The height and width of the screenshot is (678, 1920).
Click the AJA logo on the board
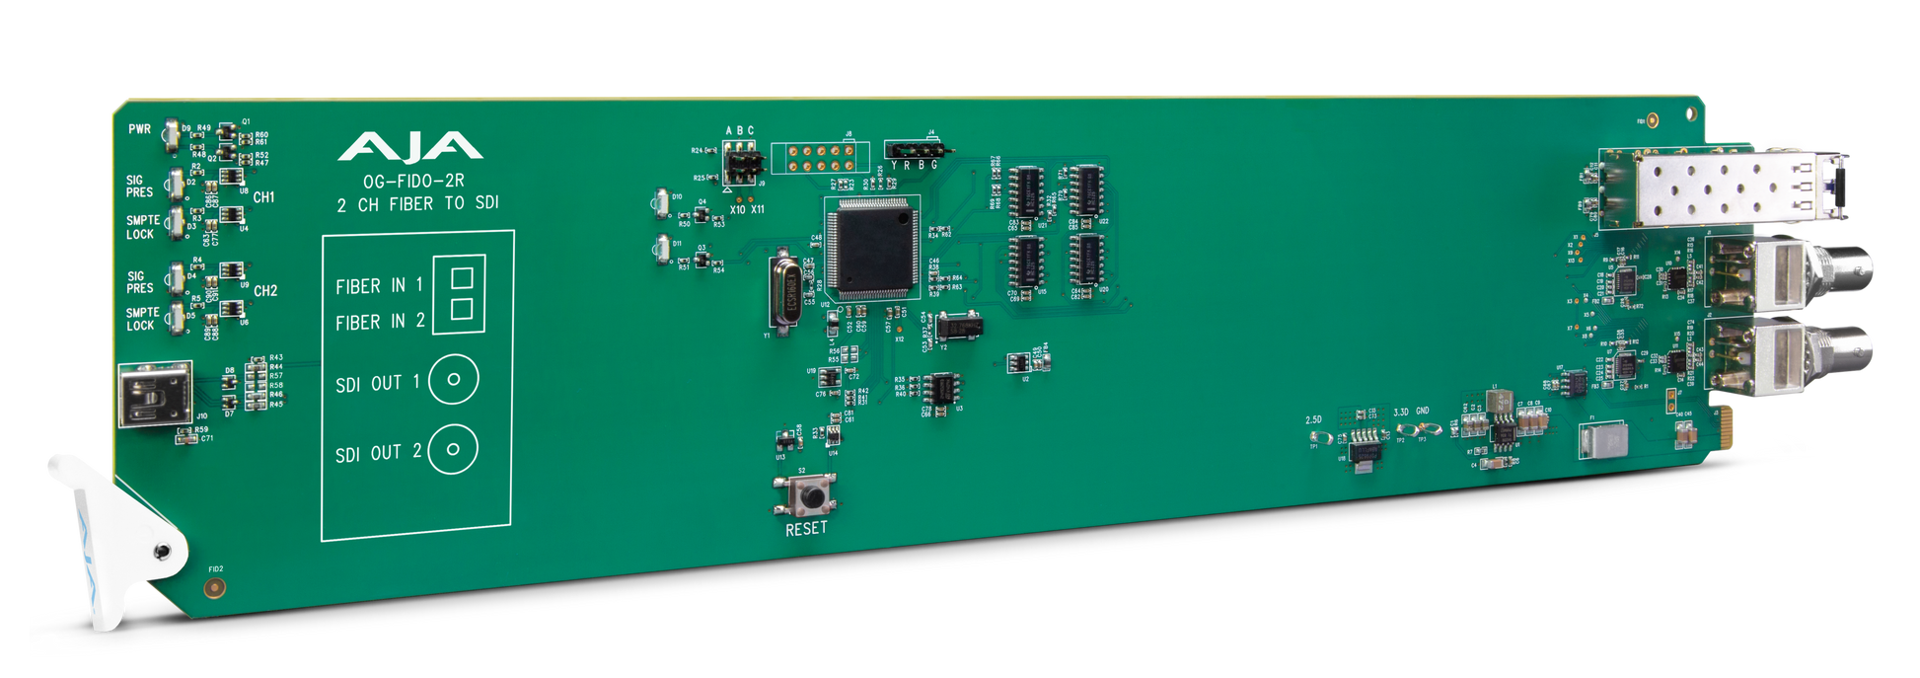(x=409, y=148)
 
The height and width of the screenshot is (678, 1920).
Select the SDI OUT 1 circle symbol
(x=454, y=379)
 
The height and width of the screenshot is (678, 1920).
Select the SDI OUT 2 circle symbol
(x=453, y=449)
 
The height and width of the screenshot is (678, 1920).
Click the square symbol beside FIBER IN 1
(x=461, y=277)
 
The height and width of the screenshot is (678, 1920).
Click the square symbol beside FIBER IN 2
(x=461, y=310)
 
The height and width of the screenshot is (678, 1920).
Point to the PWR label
(x=139, y=129)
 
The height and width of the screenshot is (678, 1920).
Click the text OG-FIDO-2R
(x=413, y=182)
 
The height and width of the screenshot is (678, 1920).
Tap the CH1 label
(x=263, y=197)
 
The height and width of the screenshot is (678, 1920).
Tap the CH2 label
(x=265, y=291)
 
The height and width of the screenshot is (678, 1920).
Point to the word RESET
(x=806, y=529)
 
